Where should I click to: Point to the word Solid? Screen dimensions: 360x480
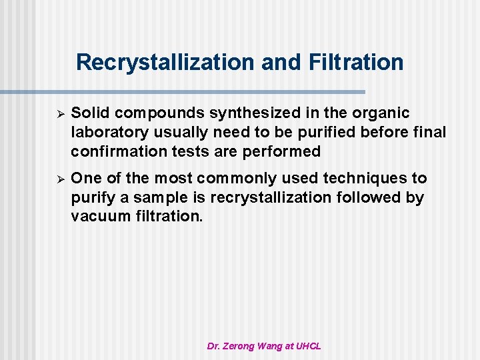pyautogui.click(x=89, y=113)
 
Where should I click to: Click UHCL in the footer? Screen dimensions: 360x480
pyautogui.click(x=309, y=346)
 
